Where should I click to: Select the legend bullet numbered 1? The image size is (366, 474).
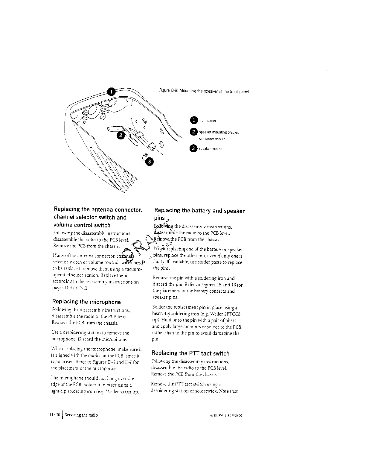pos(194,120)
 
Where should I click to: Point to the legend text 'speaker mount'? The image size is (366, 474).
pos(211,148)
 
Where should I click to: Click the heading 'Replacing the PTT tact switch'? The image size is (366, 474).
pos(190,353)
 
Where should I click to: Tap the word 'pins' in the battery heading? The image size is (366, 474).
pos(159,218)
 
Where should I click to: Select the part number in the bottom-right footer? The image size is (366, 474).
pos(227,415)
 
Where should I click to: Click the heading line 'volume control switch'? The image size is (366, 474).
pos(81,225)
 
